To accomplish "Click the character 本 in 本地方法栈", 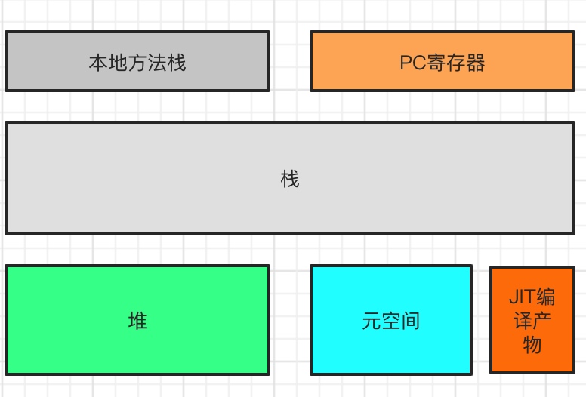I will coord(98,63).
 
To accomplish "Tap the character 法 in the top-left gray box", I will coord(157,63).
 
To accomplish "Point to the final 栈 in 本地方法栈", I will coord(177,63).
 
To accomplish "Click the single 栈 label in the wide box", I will coord(290,180).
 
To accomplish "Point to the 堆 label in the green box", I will coord(137,321).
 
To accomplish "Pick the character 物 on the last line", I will coord(532,346).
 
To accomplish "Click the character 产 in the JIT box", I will coord(542,321).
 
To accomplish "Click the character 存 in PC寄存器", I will coord(456,63).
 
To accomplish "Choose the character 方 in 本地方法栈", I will coord(137,63).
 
